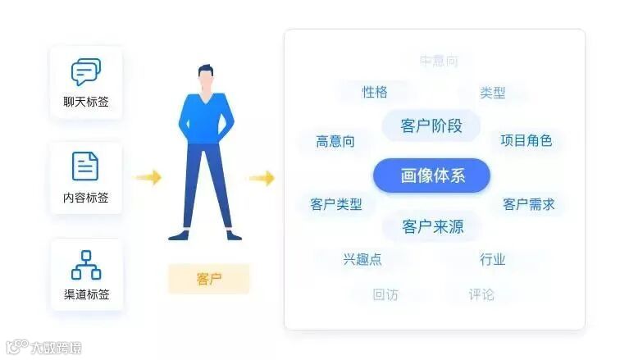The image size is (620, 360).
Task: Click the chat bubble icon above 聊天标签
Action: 86,72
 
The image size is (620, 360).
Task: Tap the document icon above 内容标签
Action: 85,166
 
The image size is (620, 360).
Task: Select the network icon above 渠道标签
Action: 86,263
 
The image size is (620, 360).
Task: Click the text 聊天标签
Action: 86,103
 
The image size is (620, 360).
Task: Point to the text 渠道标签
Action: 86,294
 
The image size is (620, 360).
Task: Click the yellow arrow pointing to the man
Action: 148,177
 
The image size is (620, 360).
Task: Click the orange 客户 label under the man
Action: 209,279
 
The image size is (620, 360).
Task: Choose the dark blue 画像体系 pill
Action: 431,175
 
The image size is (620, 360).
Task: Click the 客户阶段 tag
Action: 431,126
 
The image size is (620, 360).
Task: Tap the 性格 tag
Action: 375,92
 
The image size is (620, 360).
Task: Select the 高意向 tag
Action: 335,141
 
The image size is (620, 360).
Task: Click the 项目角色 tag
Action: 527,140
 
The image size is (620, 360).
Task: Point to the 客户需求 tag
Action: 529,204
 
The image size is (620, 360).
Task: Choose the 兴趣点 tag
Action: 362,260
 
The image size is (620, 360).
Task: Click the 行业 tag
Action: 493,260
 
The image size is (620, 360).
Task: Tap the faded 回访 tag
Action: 385,294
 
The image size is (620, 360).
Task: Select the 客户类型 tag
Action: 336,204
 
